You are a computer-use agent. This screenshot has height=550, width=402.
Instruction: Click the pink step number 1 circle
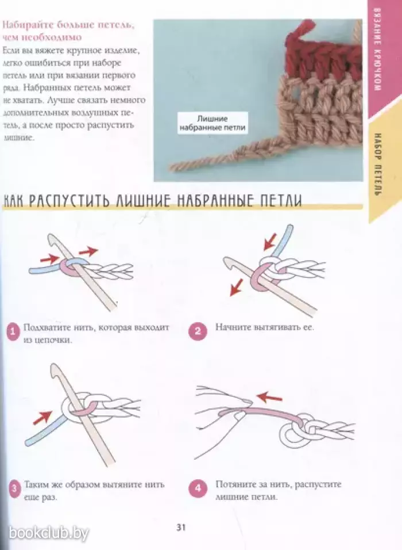point(14,332)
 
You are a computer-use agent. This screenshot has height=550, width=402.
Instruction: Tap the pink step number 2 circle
point(198,331)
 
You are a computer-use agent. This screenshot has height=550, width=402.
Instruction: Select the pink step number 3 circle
point(14,489)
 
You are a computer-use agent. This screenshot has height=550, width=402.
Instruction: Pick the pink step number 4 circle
point(198,488)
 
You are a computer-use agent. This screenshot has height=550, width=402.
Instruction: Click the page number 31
point(181,528)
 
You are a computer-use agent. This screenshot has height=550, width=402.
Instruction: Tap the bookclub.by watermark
point(49,533)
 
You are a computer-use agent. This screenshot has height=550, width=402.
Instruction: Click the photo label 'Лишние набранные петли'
point(212,124)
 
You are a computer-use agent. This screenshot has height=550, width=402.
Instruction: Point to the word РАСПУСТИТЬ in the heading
point(69,201)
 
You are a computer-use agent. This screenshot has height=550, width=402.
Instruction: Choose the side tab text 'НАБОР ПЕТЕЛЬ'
point(377,164)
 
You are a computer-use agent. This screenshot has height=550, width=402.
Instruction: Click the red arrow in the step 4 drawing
point(269,398)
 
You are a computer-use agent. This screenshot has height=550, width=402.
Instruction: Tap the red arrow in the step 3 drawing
point(42,418)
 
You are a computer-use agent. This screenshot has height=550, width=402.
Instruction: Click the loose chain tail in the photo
point(227,154)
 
